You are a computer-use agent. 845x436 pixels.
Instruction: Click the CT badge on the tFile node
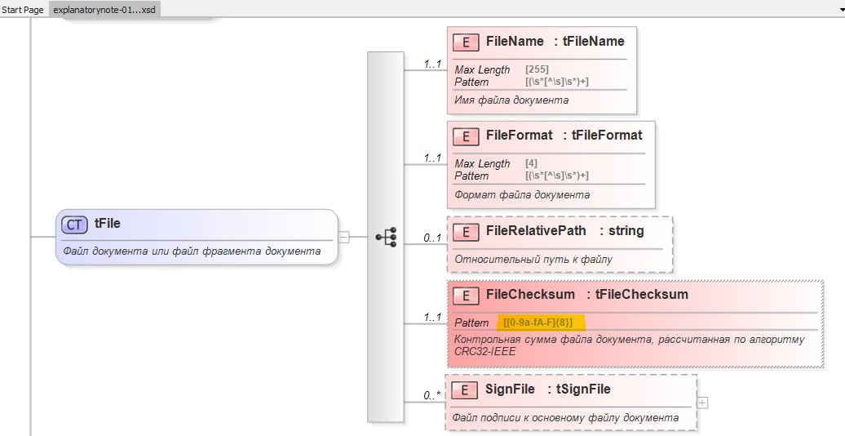point(74,225)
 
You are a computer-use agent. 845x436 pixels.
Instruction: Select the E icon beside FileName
point(466,42)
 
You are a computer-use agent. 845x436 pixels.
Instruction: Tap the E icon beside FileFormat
point(466,136)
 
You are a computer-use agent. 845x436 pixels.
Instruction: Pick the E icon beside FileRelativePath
point(466,232)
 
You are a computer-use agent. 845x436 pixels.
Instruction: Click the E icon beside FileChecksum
point(466,296)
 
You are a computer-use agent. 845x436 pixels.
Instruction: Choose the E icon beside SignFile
point(464,389)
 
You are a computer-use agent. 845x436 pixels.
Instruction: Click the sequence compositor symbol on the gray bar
point(387,237)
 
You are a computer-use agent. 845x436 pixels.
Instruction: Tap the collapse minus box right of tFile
point(343,237)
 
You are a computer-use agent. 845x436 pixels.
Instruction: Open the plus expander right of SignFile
point(702,403)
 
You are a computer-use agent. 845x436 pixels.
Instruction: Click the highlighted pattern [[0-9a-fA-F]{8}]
point(538,323)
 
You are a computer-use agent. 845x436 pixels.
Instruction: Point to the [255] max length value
point(537,69)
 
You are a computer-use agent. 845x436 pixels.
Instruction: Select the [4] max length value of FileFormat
point(531,163)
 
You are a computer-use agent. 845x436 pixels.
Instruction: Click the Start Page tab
point(23,10)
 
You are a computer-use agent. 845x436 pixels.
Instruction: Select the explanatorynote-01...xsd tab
point(104,10)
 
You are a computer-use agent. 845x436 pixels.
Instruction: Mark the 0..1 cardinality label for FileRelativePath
point(432,238)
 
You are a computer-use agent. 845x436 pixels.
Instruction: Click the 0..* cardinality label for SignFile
point(431,395)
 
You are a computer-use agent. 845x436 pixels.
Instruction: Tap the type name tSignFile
point(584,389)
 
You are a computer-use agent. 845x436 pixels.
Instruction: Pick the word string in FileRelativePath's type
point(626,231)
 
